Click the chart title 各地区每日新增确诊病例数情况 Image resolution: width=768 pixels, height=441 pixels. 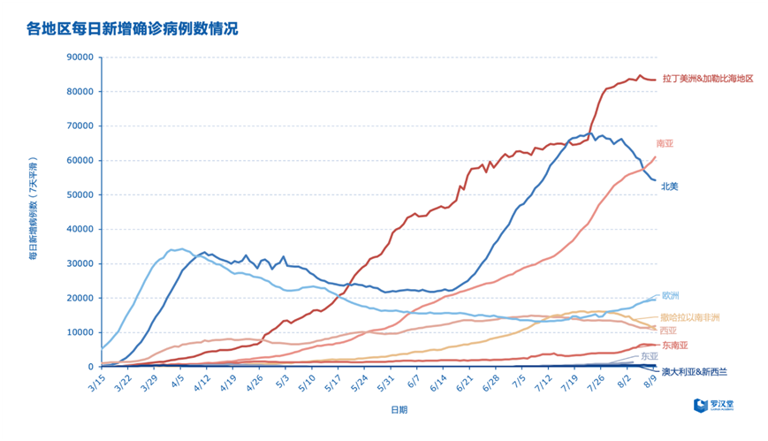[132, 28]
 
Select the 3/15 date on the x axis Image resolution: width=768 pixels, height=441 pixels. [95, 384]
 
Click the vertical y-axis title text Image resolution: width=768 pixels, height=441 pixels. [33, 211]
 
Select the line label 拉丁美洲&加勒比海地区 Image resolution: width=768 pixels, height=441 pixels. [707, 79]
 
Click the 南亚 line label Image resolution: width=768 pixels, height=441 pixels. [665, 143]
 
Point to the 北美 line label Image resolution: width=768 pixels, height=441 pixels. [671, 186]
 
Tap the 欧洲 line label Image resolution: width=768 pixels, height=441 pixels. [671, 295]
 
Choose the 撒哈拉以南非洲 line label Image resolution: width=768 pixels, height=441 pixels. [690, 316]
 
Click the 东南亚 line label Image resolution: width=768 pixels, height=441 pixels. [674, 345]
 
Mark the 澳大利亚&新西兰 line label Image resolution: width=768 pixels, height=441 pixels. [696, 372]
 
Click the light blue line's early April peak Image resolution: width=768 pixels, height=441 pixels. [180, 249]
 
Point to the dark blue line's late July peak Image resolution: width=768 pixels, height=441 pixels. [589, 133]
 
